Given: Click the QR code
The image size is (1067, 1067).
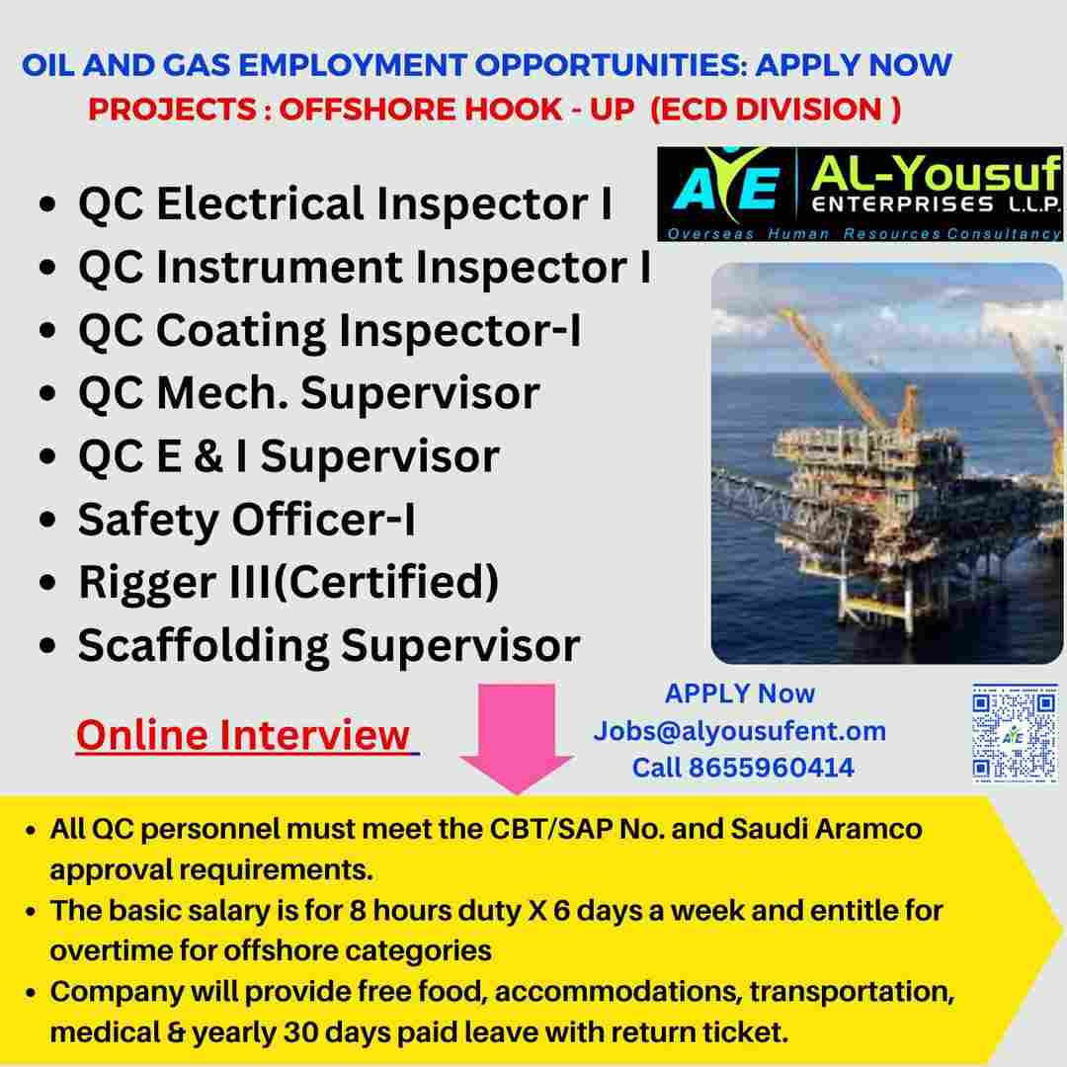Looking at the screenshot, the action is point(1015,732).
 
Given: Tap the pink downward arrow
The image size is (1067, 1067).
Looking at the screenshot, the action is point(517,738).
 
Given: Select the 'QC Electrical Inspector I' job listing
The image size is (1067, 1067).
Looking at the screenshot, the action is point(346,205).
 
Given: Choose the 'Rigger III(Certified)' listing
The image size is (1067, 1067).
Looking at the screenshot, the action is point(288,583).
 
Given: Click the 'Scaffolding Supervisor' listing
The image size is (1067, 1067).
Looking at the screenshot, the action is point(329,646).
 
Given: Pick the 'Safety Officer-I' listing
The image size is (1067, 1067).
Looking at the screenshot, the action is point(246,520).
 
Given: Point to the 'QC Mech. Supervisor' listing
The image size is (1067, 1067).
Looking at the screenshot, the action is point(309,394).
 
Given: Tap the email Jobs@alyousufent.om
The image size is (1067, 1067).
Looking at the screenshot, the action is point(740,731).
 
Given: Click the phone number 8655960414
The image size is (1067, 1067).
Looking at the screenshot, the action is point(771,768).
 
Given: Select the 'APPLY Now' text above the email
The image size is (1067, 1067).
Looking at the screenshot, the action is point(740,695).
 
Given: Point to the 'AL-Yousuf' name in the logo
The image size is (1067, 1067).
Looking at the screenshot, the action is point(935,173).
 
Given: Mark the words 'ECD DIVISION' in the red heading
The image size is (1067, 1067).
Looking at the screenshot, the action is point(772,110).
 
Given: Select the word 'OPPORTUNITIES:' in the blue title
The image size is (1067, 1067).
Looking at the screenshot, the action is point(611,65).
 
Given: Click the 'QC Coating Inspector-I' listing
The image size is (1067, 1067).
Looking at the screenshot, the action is point(330,331).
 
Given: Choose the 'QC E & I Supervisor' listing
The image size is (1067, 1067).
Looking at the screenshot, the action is point(288,456).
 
